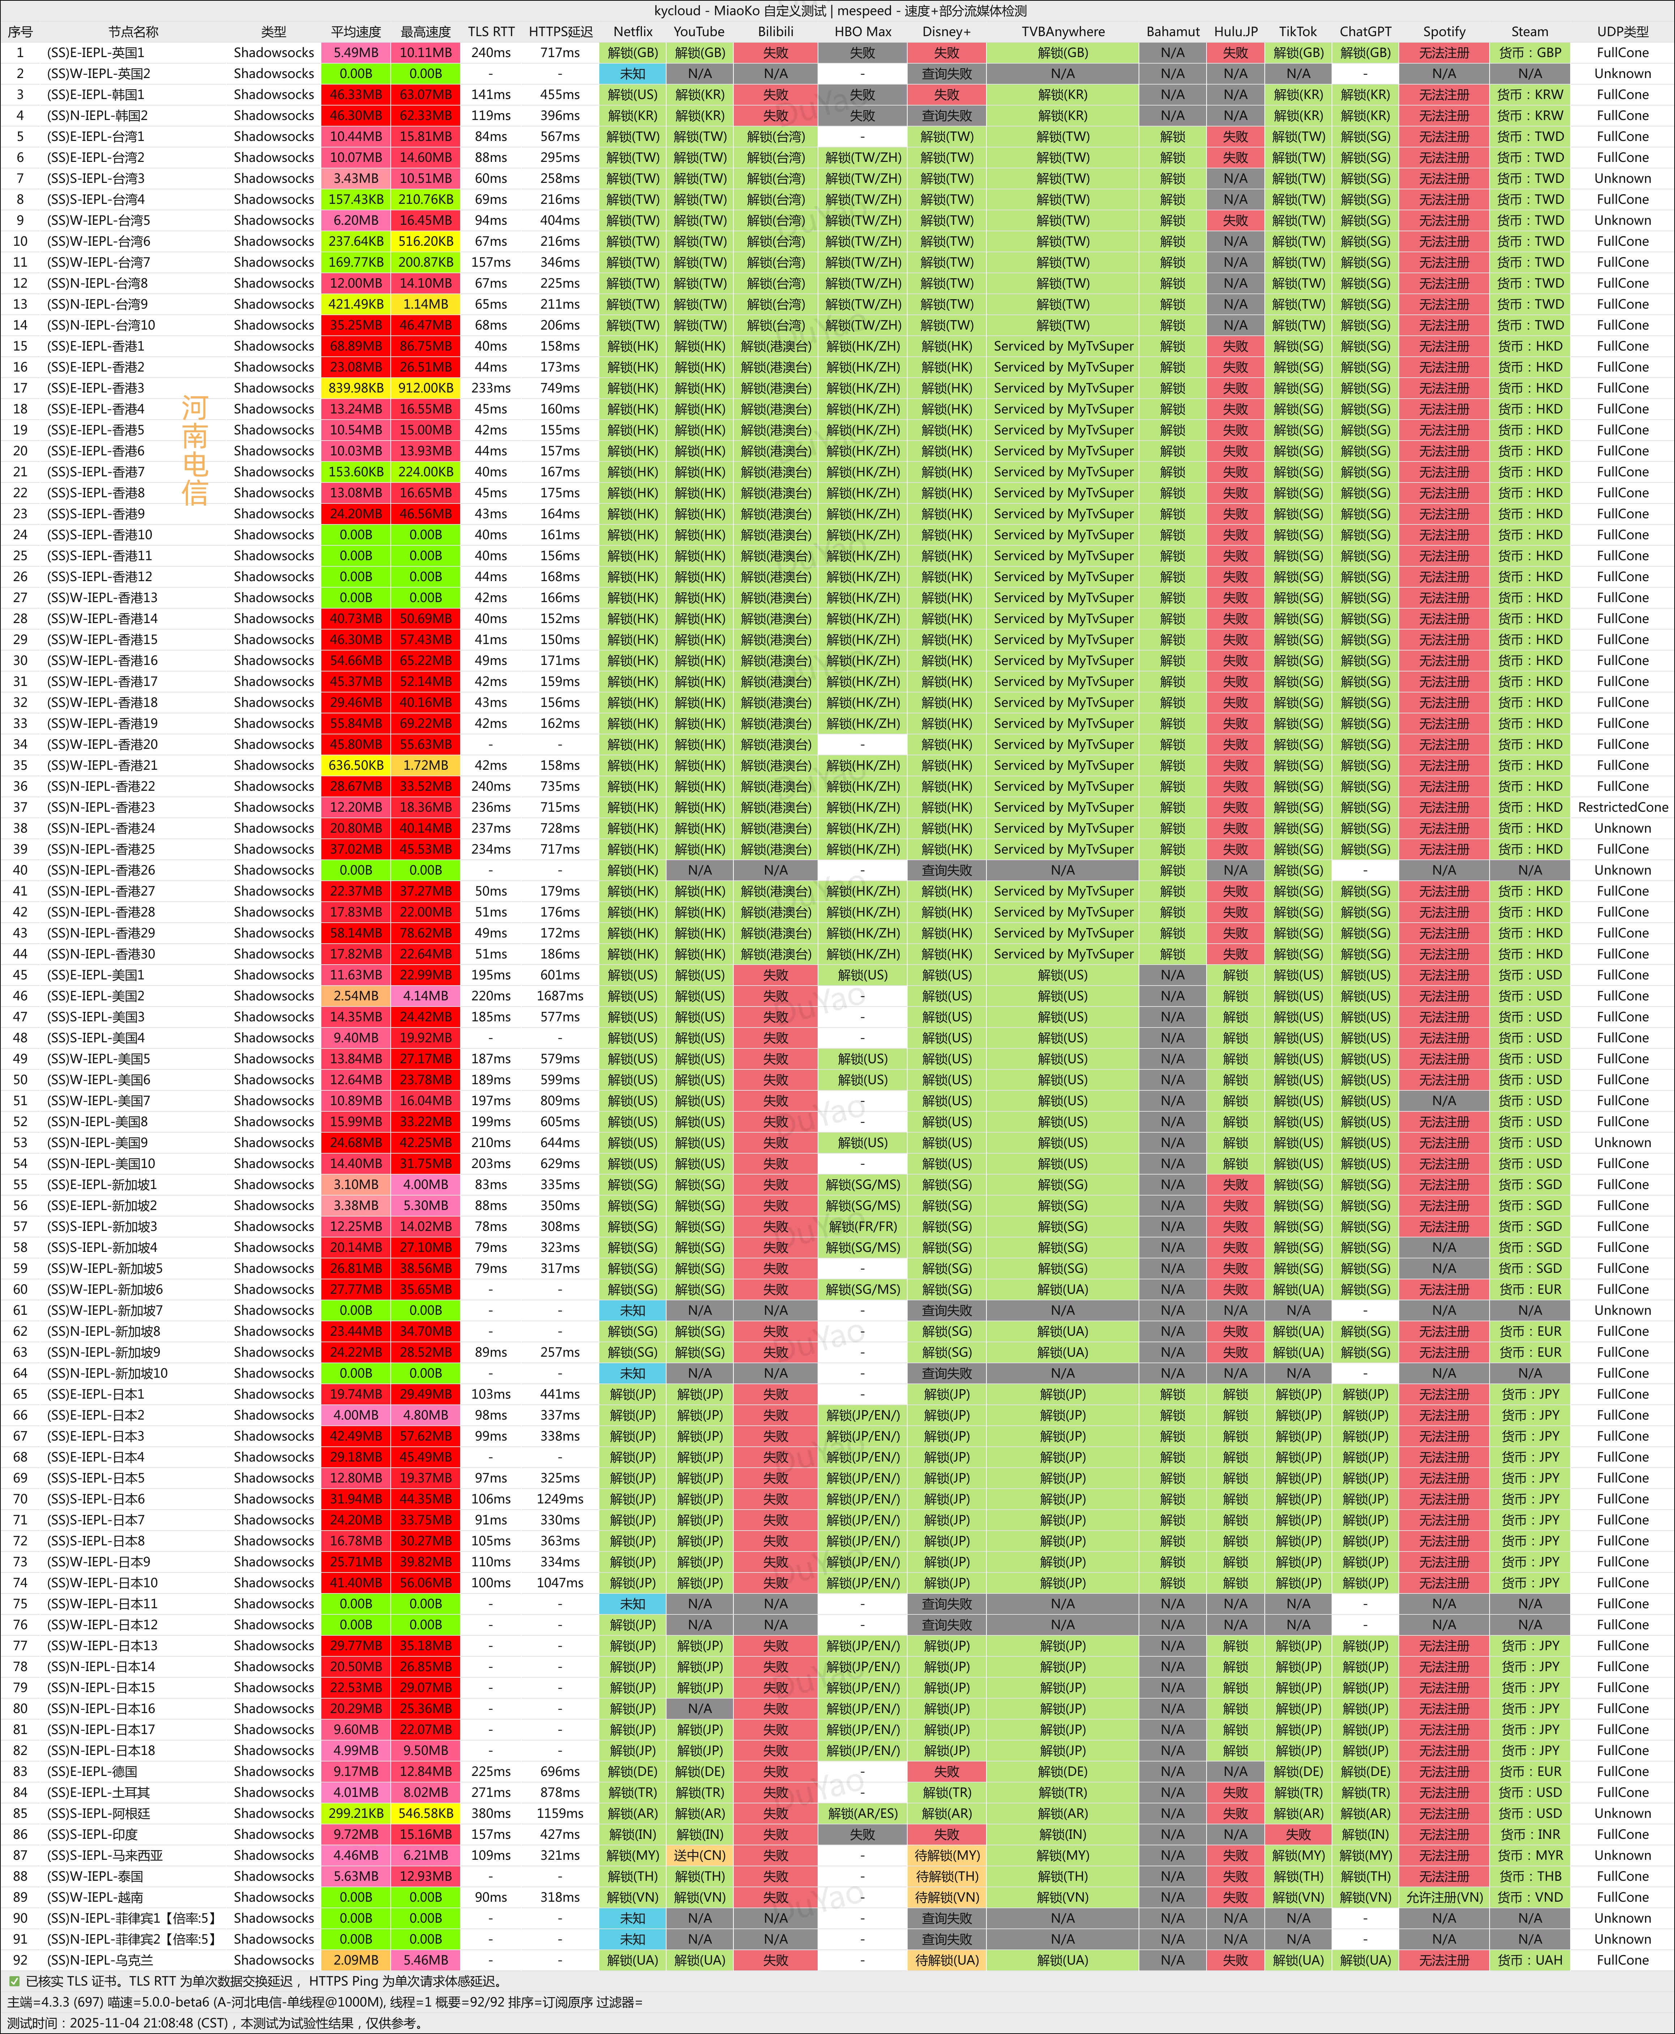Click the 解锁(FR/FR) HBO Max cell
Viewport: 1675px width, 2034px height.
(862, 1226)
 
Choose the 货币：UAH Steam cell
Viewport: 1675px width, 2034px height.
(1529, 1960)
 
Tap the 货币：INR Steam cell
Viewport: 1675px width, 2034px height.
(1529, 1834)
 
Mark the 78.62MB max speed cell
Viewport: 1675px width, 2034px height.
(425, 933)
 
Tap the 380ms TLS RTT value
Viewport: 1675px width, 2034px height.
(491, 1813)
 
